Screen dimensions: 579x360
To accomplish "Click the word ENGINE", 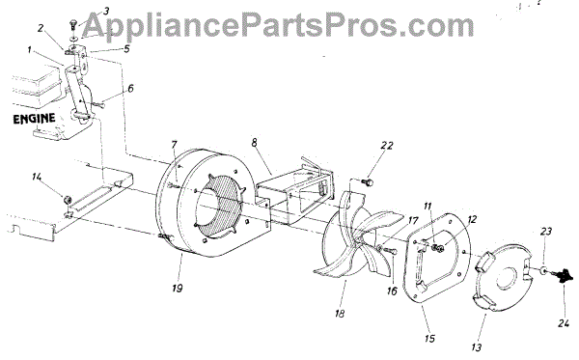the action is click(x=34, y=119).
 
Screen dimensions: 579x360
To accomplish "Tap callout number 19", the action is click(x=178, y=288).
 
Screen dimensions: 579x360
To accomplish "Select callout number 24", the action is click(x=564, y=323).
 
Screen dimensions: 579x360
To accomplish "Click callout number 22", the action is click(x=387, y=146).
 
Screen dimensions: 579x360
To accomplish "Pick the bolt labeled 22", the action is click(x=369, y=182).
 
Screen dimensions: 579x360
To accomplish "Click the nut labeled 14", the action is click(x=68, y=200).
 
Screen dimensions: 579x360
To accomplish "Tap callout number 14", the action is click(x=37, y=177).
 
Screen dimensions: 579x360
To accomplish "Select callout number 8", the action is click(x=255, y=143).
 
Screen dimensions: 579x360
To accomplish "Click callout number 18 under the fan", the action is click(x=340, y=314).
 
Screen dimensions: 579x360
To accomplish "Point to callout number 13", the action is click(x=477, y=347).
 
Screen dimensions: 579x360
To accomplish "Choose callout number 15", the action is click(x=430, y=338).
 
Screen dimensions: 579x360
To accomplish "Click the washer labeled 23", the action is click(x=544, y=271).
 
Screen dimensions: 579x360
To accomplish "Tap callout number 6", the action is click(x=130, y=89).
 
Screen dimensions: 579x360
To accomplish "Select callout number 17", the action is click(x=412, y=221).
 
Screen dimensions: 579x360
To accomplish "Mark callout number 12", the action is click(x=472, y=219).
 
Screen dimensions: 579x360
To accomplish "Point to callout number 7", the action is click(x=174, y=145).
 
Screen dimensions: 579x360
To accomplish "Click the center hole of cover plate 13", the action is click(x=508, y=280).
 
